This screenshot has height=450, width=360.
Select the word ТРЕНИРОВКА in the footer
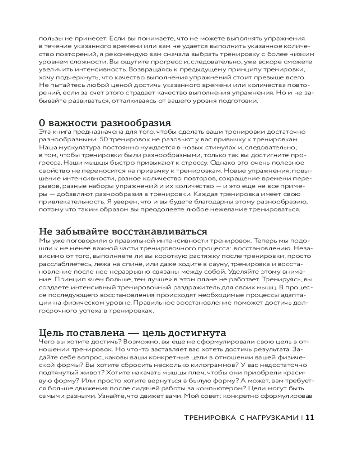[x=209, y=417]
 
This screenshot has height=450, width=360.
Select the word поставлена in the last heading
[x=96, y=333]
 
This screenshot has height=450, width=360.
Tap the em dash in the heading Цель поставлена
[x=131, y=333]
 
